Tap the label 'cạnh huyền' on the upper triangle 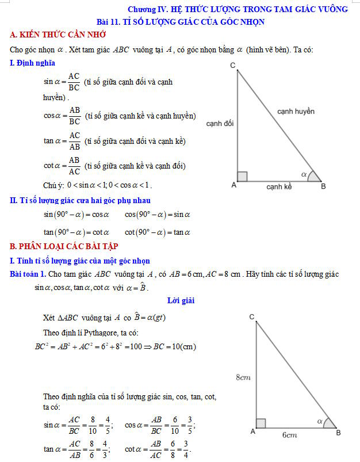click(296, 111)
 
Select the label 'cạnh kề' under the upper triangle click(279, 187)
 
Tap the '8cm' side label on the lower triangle click(243, 377)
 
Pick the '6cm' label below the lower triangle click(289, 435)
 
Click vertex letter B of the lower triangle click(338, 432)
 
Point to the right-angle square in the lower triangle click(261, 423)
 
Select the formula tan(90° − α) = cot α click(76, 232)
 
